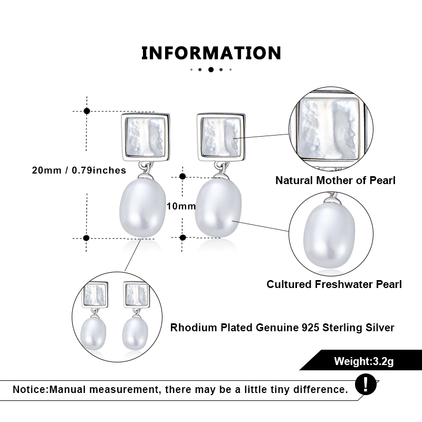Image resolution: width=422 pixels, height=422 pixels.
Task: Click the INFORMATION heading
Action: click(x=211, y=53)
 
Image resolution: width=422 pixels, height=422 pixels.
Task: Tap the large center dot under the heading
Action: click(x=211, y=70)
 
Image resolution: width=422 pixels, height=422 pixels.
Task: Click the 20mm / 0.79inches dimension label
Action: click(x=79, y=170)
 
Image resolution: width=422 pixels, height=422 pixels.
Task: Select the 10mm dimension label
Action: click(x=181, y=206)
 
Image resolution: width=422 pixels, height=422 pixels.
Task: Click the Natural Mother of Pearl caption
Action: click(x=335, y=180)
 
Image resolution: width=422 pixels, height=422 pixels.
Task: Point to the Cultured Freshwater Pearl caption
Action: click(x=334, y=284)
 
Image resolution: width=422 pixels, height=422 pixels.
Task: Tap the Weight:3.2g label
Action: click(x=364, y=361)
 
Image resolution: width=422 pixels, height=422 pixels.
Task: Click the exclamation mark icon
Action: click(x=366, y=385)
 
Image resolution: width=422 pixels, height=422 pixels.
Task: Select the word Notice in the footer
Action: click(x=30, y=389)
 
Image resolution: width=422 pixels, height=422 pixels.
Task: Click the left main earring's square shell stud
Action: click(x=146, y=137)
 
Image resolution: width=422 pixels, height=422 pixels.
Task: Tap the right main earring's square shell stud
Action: click(x=221, y=137)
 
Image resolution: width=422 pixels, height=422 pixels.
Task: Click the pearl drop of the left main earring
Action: click(x=142, y=208)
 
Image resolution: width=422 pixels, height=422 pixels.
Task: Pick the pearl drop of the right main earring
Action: click(x=218, y=208)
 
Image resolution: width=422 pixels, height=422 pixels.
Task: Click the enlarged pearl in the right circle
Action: click(x=329, y=235)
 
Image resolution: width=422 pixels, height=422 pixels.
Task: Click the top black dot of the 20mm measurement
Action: click(x=87, y=111)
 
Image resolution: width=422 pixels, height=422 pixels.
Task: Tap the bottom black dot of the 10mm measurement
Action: click(x=183, y=237)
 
